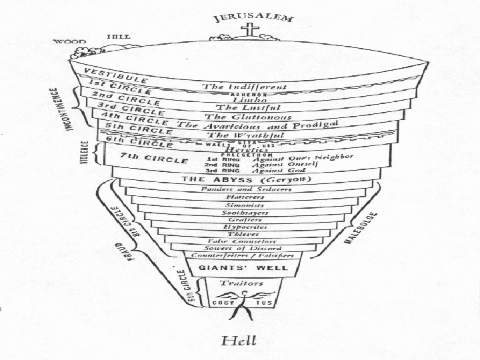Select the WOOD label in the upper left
coord(66,41)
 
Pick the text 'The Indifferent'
coord(245,87)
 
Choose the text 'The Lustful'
coord(247,107)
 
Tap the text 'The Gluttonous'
coord(248,117)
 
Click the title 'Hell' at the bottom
coord(238,341)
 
